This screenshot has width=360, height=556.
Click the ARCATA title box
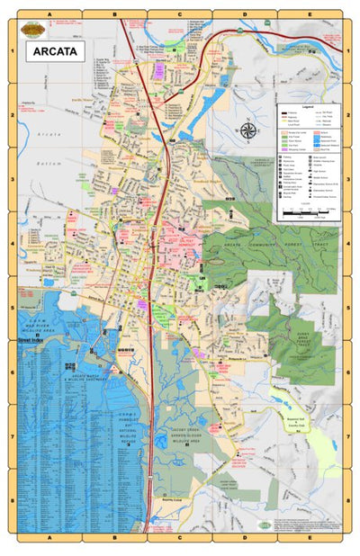55,51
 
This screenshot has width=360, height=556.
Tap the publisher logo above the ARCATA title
35,30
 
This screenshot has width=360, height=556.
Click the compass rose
248,130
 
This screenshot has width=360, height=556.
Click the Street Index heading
32,343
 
